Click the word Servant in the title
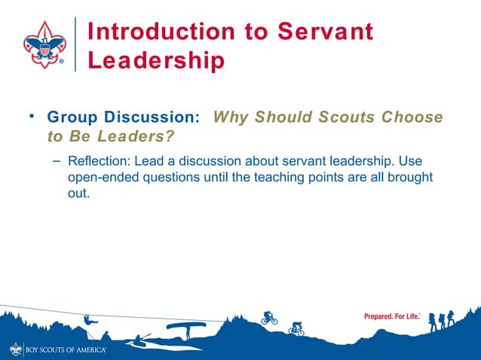click(x=326, y=32)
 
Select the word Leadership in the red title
click(x=156, y=60)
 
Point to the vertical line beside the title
click(x=75, y=44)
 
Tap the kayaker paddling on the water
click(x=139, y=340)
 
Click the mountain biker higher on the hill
click(x=269, y=318)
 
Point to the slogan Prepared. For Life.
click(x=391, y=316)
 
